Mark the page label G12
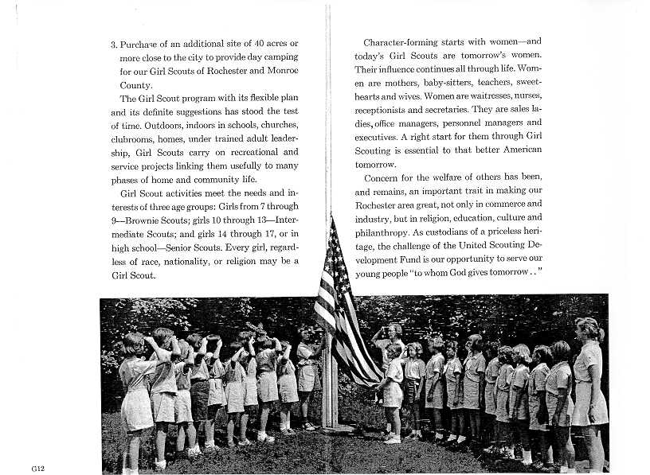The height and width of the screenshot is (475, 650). coord(38,469)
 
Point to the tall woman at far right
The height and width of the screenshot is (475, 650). coord(589,390)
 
